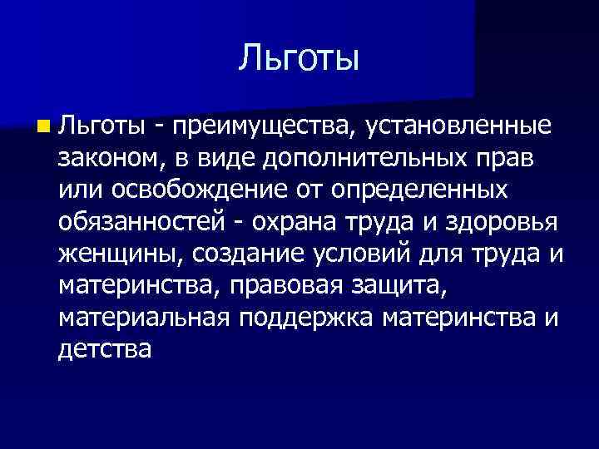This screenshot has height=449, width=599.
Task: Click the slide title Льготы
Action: (x=299, y=59)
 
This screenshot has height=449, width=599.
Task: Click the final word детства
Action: (x=106, y=350)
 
